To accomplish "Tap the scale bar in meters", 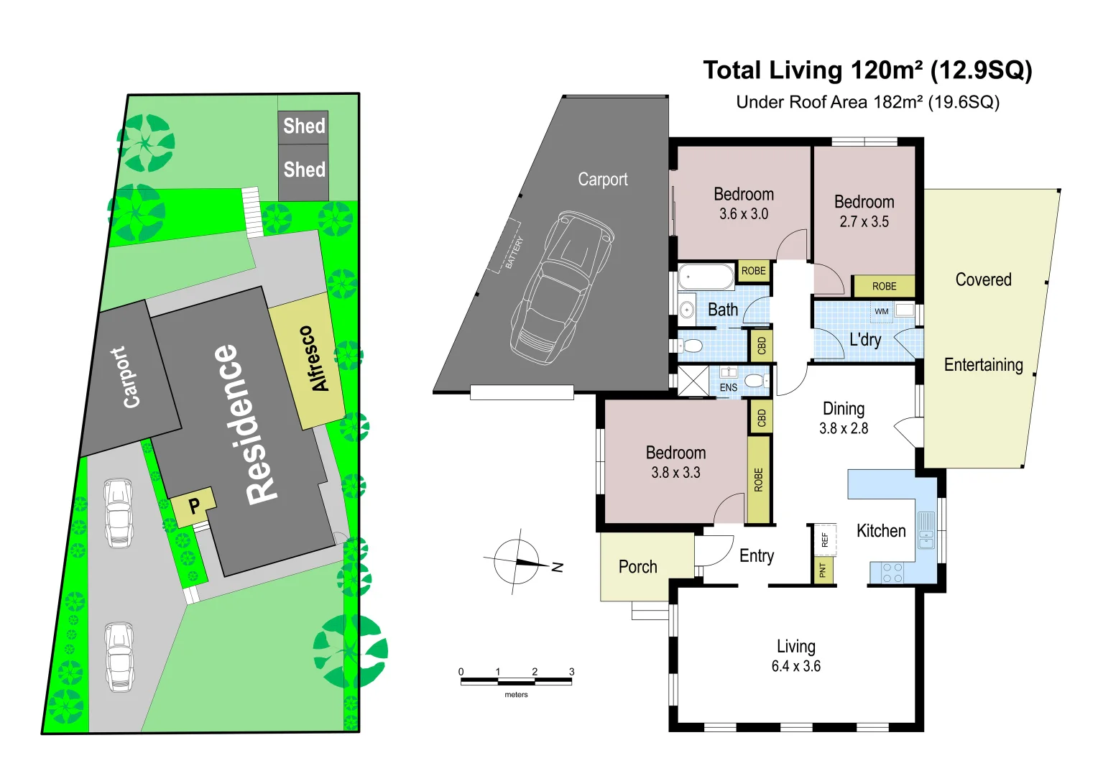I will (516, 680).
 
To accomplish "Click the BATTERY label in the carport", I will (514, 252).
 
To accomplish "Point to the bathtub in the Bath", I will (706, 276).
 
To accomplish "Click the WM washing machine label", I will (882, 311).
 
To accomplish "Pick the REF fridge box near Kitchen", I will (824, 539).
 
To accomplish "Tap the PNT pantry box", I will (823, 571).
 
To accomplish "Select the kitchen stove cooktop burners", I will (892, 573).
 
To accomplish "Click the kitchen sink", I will (926, 530).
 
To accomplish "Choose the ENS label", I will (728, 387).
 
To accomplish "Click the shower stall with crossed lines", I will (693, 381).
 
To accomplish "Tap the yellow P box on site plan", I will (193, 506).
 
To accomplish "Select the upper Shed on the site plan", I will (303, 126).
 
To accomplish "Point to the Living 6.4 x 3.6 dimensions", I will (795, 666).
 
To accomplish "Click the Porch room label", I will (637, 567).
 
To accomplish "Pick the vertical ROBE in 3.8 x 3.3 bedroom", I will (758, 479).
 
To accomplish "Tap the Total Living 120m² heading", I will (867, 70).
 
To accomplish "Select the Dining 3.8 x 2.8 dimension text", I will (843, 428).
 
